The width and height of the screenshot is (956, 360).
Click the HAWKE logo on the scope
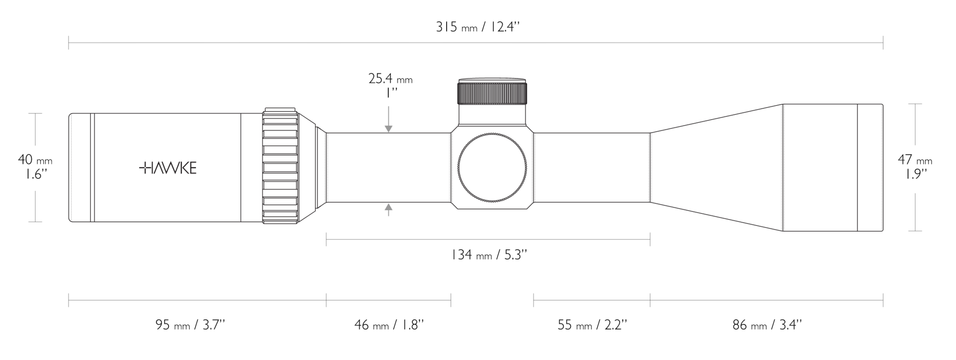point(168,168)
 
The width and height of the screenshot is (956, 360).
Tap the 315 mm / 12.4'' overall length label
point(478,27)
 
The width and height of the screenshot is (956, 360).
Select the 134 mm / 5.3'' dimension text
point(489,255)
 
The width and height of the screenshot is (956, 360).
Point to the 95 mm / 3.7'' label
point(190,325)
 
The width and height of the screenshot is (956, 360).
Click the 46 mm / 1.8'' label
point(389,325)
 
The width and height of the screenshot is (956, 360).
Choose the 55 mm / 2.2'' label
point(592,325)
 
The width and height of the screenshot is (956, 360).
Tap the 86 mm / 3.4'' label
point(767,325)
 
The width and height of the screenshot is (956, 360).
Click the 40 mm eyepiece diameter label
point(35,167)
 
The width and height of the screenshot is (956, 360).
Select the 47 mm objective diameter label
point(915,167)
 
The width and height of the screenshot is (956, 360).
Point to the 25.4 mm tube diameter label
point(390,85)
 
